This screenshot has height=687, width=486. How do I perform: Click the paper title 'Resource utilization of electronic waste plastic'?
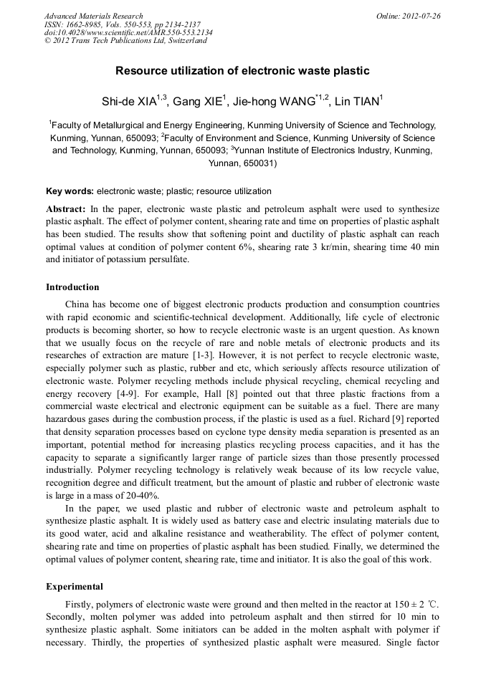click(242, 71)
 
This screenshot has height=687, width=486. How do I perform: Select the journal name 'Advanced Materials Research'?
click(93, 16)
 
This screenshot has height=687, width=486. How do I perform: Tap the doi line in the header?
click(128, 32)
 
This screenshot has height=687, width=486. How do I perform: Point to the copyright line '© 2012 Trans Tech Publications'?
click(125, 41)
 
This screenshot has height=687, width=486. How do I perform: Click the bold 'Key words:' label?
click(70, 191)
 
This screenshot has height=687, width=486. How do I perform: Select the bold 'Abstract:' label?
click(66, 208)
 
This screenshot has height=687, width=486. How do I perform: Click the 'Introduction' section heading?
click(72, 287)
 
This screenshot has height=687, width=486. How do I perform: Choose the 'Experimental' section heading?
click(75, 587)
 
